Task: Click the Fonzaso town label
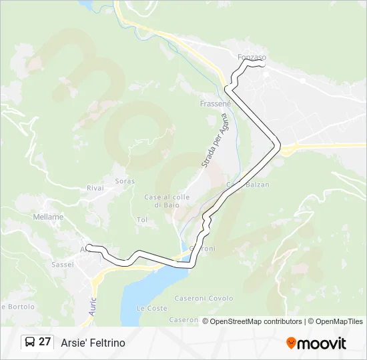(x=252, y=58)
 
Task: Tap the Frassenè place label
(x=215, y=104)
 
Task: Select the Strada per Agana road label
(x=214, y=141)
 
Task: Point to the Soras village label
(x=124, y=181)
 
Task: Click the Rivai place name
(x=95, y=188)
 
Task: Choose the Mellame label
(x=48, y=217)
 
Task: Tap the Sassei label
(x=61, y=265)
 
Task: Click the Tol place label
(x=141, y=219)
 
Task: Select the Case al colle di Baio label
(x=167, y=201)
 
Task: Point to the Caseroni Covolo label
(x=204, y=299)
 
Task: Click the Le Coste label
(x=151, y=309)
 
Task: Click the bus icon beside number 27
(x=30, y=343)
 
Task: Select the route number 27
(x=45, y=342)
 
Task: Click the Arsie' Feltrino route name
(x=93, y=343)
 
